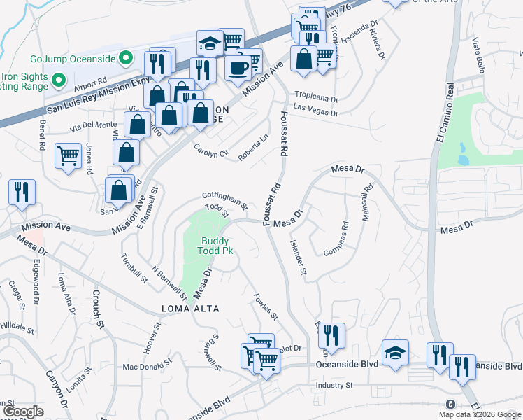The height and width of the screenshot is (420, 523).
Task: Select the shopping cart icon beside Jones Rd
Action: tap(68, 155)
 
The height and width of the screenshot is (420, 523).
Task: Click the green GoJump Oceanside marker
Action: tap(126, 58)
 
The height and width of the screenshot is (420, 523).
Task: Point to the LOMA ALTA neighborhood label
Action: tap(190, 309)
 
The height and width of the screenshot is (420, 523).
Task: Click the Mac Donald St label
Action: tap(147, 365)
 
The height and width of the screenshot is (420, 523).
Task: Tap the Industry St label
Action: tap(334, 385)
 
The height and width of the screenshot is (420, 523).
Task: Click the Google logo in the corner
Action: tap(22, 412)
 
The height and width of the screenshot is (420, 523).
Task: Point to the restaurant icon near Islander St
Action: tap(332, 336)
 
